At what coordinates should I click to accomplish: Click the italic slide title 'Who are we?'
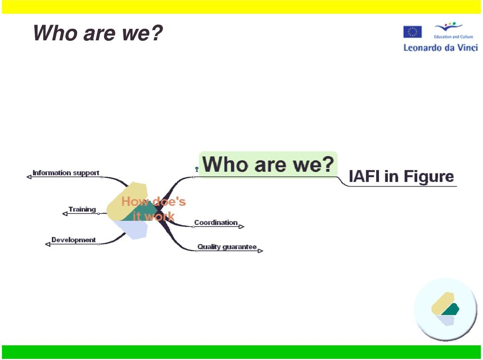click(98, 33)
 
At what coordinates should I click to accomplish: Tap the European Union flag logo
click(413, 32)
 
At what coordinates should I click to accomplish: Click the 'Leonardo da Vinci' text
click(441, 48)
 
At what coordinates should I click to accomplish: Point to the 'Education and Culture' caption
click(453, 37)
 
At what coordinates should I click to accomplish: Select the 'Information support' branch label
click(66, 173)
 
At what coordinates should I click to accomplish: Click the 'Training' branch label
click(82, 209)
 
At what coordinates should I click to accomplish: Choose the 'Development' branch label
click(73, 240)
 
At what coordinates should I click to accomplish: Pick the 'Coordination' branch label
click(216, 222)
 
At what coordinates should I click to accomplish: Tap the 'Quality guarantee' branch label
click(227, 247)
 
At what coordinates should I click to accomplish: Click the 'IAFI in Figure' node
click(401, 176)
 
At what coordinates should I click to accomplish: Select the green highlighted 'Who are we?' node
click(268, 164)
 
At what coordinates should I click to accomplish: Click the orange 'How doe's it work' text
click(153, 209)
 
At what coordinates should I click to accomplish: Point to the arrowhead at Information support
click(29, 177)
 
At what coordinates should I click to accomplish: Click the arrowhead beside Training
click(65, 213)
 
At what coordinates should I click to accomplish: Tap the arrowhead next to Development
click(48, 244)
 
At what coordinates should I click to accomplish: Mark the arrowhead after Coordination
click(242, 227)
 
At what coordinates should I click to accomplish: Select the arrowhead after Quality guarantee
click(260, 251)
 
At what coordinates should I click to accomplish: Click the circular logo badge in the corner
click(445, 310)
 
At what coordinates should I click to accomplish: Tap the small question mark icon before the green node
click(197, 169)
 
